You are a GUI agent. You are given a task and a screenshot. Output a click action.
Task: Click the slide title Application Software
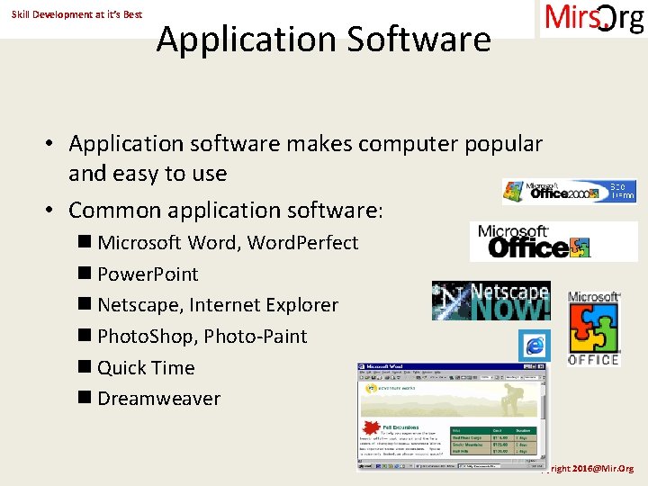324,40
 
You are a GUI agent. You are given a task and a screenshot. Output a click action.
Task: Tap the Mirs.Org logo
593,19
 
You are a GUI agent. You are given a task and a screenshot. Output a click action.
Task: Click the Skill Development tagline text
76,15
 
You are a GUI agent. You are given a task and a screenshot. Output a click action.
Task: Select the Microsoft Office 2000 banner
569,191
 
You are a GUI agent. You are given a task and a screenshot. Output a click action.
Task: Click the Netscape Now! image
490,301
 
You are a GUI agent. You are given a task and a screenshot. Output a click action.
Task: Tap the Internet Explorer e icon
534,346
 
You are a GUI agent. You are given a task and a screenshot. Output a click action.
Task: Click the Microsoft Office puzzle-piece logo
594,328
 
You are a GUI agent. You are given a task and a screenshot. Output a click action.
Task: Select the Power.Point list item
148,274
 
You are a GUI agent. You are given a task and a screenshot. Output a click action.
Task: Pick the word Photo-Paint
256,337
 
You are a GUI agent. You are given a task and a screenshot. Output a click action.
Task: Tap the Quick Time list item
146,368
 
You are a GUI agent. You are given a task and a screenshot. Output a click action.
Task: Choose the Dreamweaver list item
158,399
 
